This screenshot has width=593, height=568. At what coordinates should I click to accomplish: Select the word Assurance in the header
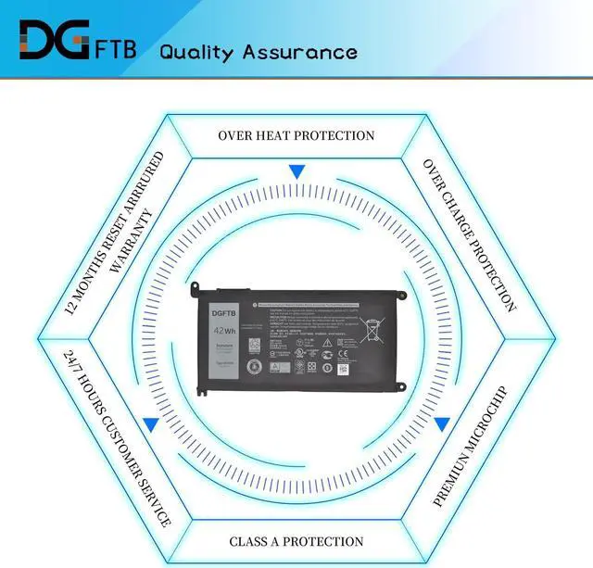tap(299, 51)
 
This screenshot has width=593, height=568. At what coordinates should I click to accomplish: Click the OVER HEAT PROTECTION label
tap(296, 135)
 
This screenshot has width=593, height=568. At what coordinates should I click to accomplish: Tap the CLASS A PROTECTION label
tap(296, 541)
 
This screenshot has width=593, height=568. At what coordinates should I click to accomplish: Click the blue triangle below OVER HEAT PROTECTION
tap(296, 171)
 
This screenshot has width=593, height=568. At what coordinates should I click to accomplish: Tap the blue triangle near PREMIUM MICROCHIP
tap(442, 423)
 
